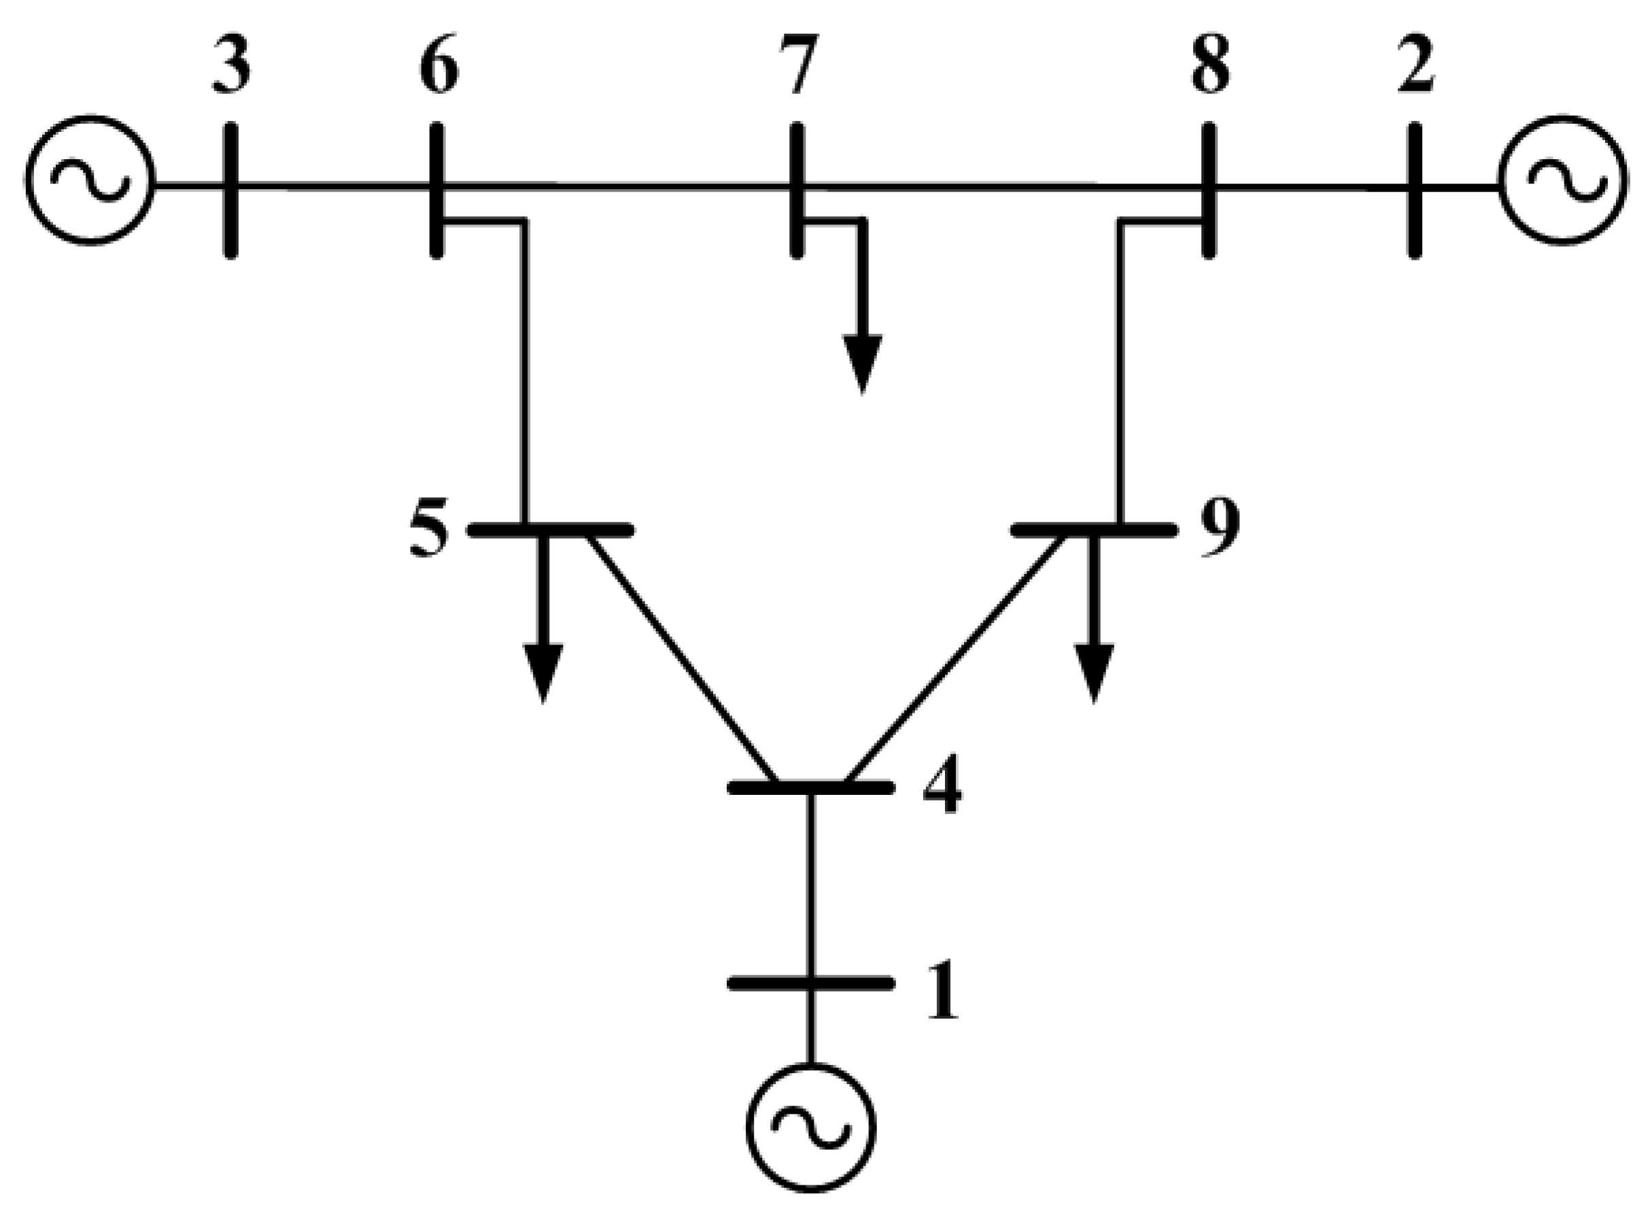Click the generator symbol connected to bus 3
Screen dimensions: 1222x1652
[90, 180]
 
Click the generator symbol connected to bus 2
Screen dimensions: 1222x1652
[1562, 180]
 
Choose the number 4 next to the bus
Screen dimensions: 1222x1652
[942, 784]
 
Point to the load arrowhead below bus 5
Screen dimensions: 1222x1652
[543, 672]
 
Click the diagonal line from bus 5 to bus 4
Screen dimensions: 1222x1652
[681, 658]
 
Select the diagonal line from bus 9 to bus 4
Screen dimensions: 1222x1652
[958, 658]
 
